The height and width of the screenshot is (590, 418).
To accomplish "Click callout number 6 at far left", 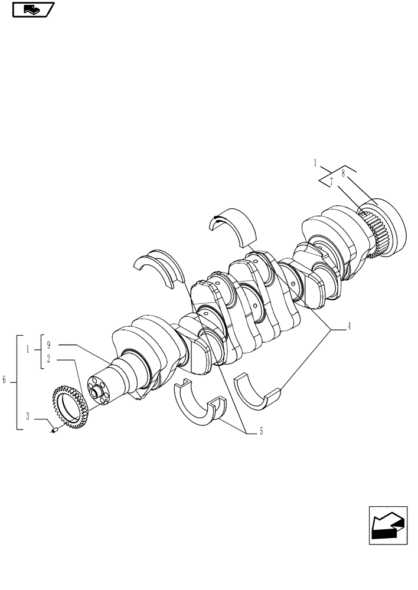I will click(x=5, y=381).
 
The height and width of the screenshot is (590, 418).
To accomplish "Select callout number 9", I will click(x=49, y=344).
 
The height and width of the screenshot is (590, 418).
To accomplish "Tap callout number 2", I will click(x=49, y=359).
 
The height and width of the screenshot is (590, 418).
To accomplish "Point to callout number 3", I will click(x=28, y=417).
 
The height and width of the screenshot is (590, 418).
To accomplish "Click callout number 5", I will click(x=261, y=432).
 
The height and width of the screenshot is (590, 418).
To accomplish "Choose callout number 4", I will click(x=349, y=325).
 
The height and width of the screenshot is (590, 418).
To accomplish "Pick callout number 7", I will click(x=332, y=183).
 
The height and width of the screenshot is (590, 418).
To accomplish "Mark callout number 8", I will click(x=342, y=174).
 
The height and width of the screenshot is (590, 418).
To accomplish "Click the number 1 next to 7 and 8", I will click(x=316, y=162).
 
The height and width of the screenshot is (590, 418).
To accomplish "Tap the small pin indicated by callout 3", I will click(x=54, y=431).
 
